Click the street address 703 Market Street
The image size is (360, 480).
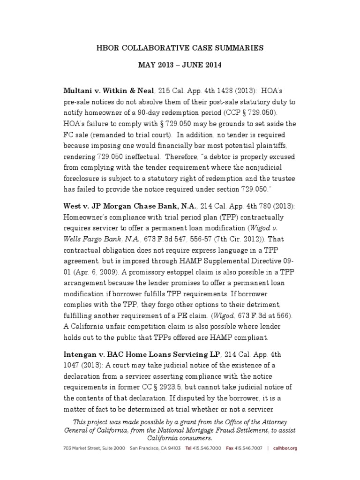pyautogui.click(x=82, y=449)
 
